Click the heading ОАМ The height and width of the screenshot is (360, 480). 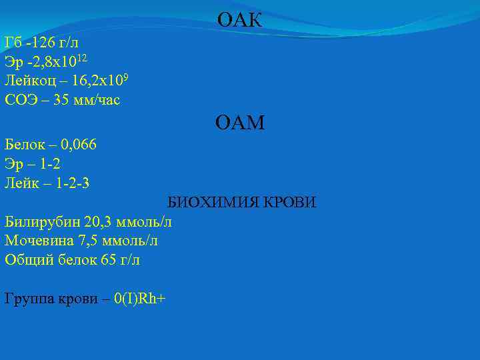pyautogui.click(x=240, y=122)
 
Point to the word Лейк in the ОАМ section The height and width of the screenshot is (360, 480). pyautogui.click(x=19, y=182)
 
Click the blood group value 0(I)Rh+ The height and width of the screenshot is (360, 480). pyautogui.click(x=139, y=299)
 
